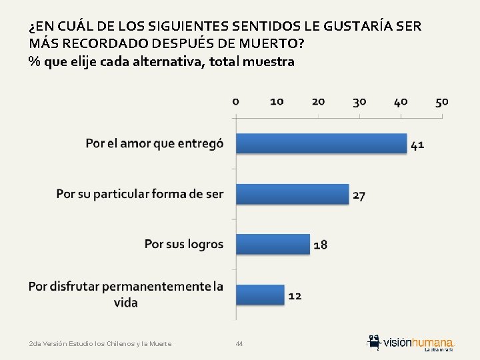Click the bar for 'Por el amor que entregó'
[321, 143]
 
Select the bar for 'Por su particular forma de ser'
[293, 194]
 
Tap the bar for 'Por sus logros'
[273, 244]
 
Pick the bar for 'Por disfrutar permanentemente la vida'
[261, 294]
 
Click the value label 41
[417, 145]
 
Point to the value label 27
[359, 195]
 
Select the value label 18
[320, 245]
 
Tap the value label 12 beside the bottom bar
[295, 295]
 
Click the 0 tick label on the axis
[236, 101]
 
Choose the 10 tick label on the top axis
[277, 101]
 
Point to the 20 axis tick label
[318, 101]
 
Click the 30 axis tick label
[359, 101]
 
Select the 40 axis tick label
[401, 101]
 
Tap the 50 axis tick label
[442, 101]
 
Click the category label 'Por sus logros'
[184, 244]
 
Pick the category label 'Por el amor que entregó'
[155, 143]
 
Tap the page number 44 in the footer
[239, 344]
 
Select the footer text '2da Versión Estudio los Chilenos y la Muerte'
[101, 344]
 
